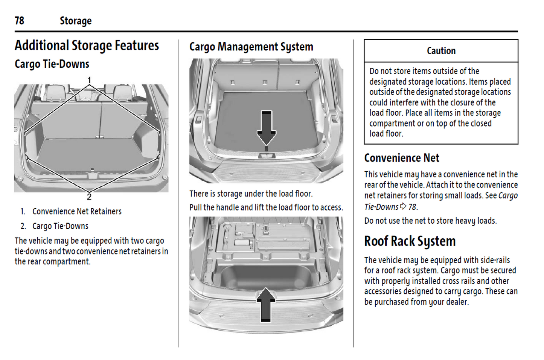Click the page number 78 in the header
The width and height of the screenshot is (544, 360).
tap(19, 20)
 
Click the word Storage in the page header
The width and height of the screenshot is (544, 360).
tap(75, 21)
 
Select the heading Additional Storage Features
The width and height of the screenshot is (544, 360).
tap(87, 46)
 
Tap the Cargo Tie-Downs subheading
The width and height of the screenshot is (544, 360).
tap(52, 64)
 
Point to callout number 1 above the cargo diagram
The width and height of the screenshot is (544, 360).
tap(89, 80)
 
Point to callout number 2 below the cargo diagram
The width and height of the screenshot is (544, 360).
tap(89, 197)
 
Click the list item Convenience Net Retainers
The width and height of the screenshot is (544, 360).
tap(77, 212)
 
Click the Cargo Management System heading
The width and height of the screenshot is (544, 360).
tap(251, 47)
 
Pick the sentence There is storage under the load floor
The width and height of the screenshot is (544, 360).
tap(251, 194)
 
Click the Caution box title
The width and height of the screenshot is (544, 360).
tap(441, 51)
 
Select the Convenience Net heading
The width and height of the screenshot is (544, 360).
tap(401, 158)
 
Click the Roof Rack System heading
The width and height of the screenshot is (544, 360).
tap(410, 241)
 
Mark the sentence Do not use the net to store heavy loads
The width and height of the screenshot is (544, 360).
tap(430, 221)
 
